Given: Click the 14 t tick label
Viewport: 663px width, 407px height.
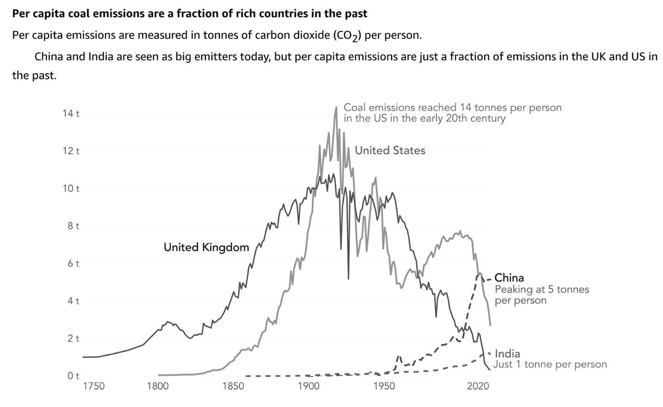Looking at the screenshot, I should point(71,114).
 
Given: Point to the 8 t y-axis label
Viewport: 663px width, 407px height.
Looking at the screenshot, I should point(73,226).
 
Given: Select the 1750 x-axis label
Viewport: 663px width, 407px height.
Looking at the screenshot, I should point(94,386).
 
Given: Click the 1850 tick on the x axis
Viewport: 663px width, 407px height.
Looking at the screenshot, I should point(233,386).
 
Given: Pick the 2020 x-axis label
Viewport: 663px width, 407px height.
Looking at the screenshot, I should point(478,386).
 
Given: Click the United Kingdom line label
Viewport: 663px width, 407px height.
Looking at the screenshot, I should point(206,247).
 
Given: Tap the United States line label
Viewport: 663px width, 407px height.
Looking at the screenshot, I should point(390,151).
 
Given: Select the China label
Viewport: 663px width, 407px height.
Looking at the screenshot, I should point(509,278).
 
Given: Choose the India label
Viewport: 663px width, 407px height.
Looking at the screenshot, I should point(507,354).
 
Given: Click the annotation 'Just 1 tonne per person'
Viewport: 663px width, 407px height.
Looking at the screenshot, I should point(549,364).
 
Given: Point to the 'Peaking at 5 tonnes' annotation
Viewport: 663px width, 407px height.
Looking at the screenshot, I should point(542,289).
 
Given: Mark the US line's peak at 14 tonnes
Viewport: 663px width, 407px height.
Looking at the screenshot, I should point(336,108).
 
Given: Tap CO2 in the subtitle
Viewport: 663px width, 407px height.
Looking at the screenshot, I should point(346,36).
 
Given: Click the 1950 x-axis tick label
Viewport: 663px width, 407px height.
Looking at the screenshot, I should point(384,386).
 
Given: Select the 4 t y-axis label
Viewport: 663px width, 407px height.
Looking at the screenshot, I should point(73,301).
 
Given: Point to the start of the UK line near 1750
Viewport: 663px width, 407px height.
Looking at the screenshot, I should point(84,357).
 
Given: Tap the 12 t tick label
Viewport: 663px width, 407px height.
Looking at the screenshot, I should point(71,151).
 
